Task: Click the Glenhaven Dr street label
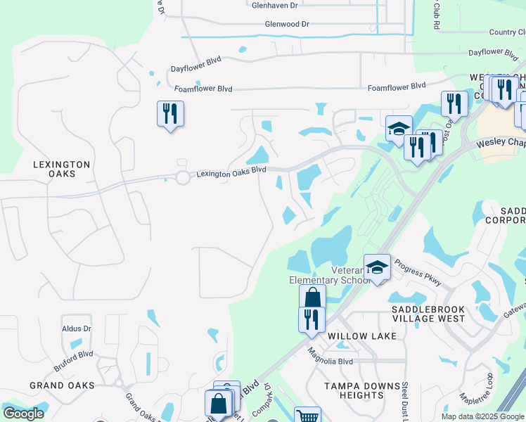tap(275, 5)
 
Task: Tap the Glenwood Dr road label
tap(287, 24)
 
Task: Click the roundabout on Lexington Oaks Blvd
tap(184, 178)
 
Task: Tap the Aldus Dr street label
tap(77, 328)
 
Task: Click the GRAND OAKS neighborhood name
tap(62, 385)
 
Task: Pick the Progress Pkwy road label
tap(418, 273)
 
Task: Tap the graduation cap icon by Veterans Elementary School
tap(377, 267)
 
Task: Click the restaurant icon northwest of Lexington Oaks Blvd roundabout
tap(170, 113)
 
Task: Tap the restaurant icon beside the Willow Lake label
tap(311, 318)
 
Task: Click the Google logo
tap(23, 414)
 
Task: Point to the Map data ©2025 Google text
tap(483, 416)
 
